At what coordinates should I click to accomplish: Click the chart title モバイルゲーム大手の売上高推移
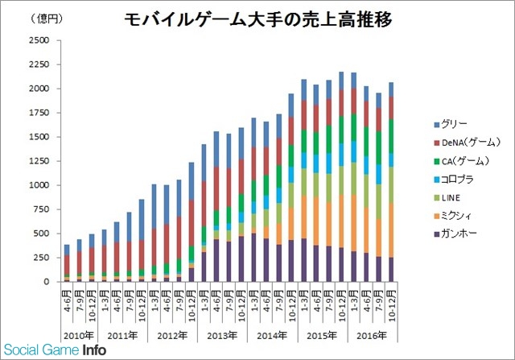(257, 20)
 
